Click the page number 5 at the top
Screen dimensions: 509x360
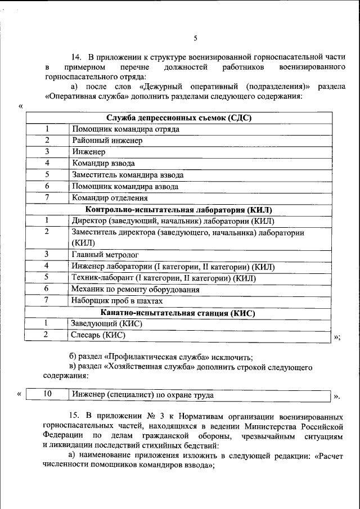[195, 38]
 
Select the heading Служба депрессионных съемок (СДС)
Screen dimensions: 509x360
[179, 118]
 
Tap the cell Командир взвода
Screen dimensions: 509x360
[103, 164]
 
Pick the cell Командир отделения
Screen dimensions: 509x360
[110, 198]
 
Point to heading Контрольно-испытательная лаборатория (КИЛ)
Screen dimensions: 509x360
[179, 209]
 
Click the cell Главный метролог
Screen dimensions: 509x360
[105, 255]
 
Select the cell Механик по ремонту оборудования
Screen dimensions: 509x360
[136, 290]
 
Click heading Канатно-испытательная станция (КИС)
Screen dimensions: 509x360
[178, 313]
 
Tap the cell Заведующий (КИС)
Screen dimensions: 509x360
[106, 324]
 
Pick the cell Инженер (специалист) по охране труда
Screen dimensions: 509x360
[142, 395]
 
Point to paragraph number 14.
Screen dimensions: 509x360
[76, 57]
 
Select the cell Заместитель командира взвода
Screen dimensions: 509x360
[128, 175]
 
